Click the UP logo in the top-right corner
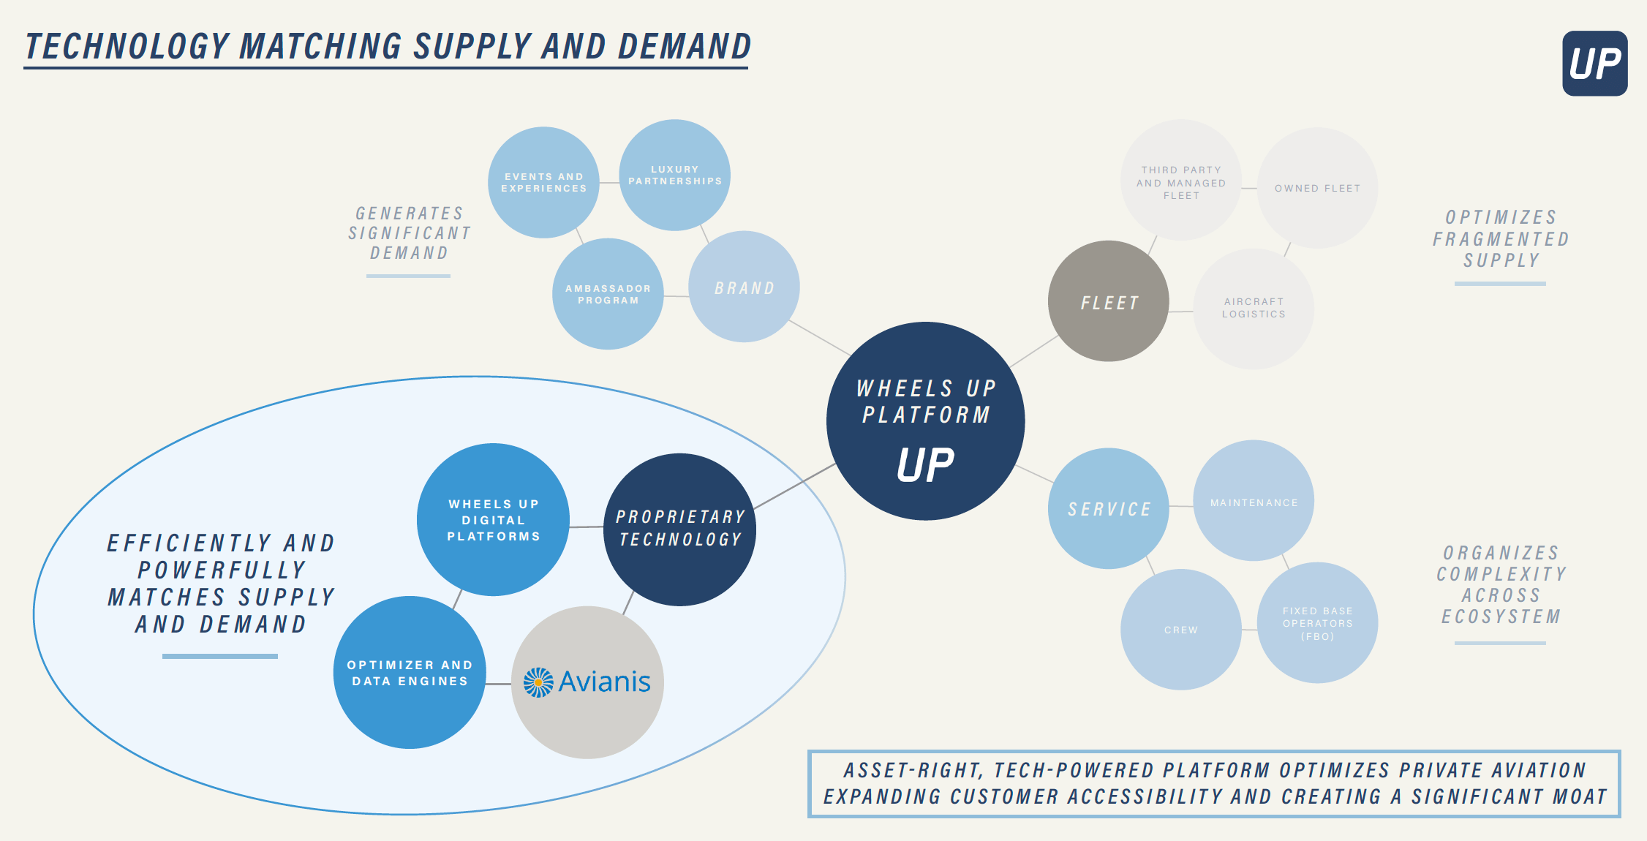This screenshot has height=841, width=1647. tap(1594, 64)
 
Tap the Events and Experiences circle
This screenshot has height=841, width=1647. tap(543, 183)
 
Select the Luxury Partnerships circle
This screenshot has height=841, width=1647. tap(674, 176)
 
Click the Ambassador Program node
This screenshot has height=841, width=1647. tap(608, 294)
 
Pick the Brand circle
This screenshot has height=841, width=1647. tap(744, 287)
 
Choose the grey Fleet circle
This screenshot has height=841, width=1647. tap(1108, 301)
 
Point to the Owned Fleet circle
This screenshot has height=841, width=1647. tap(1317, 188)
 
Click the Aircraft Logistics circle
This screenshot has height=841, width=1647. tap(1254, 308)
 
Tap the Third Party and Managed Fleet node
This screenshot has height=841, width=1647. tap(1180, 181)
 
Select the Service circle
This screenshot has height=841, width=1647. tap(1108, 508)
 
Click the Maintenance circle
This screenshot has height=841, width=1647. tap(1254, 502)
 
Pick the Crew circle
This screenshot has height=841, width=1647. tap(1180, 630)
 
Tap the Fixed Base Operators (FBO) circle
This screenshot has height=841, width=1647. tap(1317, 623)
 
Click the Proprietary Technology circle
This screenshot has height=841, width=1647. tap(680, 529)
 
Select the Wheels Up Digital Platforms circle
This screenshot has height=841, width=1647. tap(494, 520)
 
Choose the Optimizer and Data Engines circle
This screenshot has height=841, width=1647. tap(410, 673)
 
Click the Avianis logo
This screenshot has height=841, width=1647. tap(587, 682)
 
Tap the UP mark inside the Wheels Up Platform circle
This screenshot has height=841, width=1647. tap(925, 465)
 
